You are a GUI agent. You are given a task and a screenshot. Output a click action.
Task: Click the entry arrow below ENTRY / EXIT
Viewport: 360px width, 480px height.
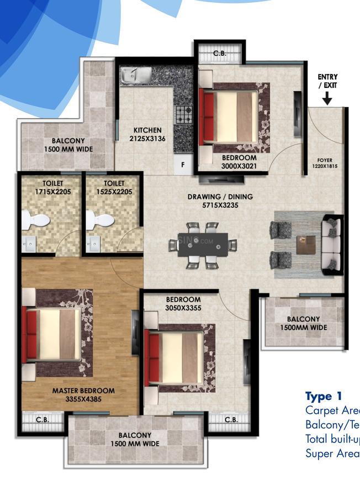click(x=327, y=98)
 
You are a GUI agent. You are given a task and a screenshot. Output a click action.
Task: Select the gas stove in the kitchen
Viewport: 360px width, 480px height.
click(x=183, y=114)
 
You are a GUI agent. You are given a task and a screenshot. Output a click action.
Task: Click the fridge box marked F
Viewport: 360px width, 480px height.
click(x=183, y=164)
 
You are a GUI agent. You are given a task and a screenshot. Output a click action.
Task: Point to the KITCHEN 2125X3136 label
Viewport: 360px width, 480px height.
click(x=147, y=134)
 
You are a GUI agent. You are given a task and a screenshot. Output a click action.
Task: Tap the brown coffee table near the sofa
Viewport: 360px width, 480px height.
click(x=306, y=244)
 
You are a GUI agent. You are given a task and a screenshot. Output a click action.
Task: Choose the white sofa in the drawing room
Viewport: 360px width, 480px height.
click(x=332, y=243)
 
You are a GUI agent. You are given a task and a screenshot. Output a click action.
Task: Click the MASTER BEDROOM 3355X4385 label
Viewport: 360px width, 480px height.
click(x=83, y=394)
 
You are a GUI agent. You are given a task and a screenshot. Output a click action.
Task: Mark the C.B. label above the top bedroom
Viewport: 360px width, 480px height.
click(x=219, y=54)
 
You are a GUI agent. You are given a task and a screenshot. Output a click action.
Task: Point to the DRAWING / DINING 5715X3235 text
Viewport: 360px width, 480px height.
click(x=220, y=201)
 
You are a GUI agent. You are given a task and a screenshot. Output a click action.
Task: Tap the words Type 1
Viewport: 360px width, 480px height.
click(x=324, y=396)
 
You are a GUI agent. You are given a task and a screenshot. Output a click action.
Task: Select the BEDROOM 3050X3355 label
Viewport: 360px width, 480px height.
click(x=183, y=304)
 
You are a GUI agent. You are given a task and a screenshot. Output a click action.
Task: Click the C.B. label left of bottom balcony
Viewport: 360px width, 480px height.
click(x=43, y=419)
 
